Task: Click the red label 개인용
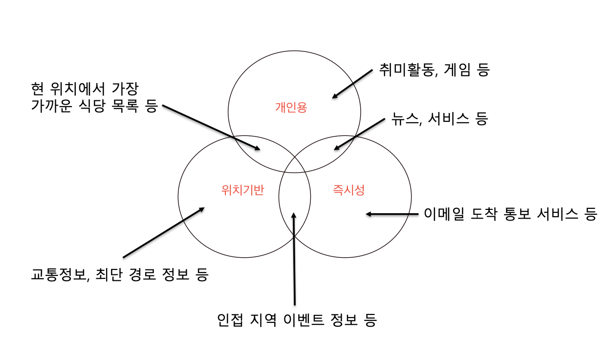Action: point(291,107)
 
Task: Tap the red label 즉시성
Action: point(348,190)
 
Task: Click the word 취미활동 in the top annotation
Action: point(407,70)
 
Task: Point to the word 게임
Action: point(458,70)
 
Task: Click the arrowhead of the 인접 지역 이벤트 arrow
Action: point(293,214)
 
